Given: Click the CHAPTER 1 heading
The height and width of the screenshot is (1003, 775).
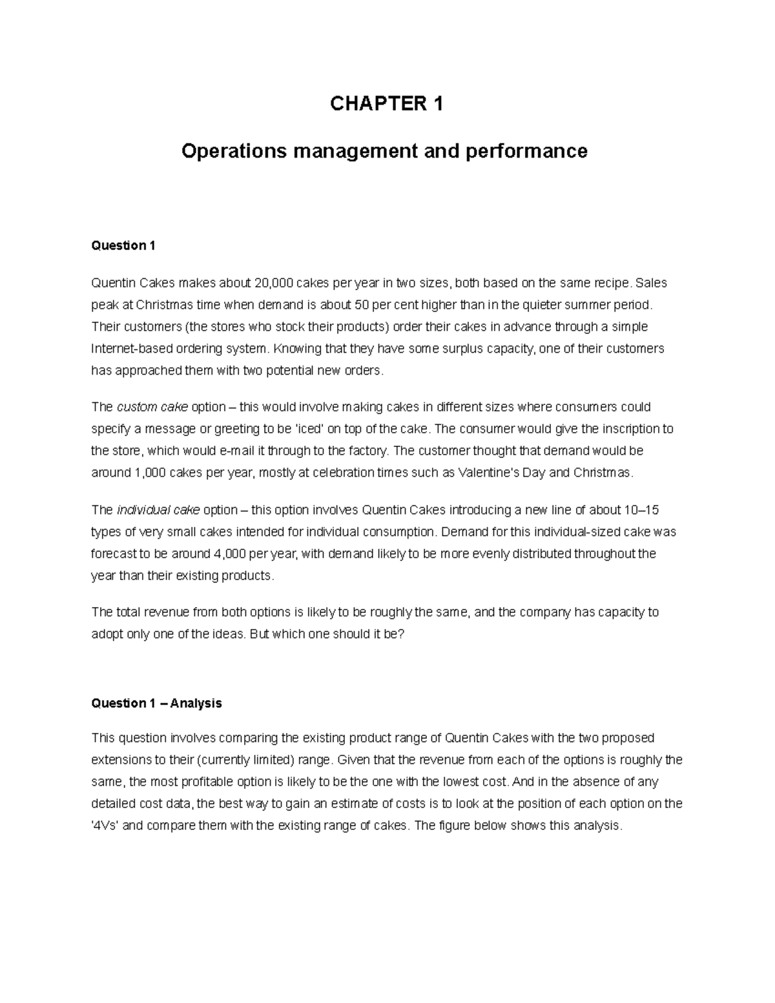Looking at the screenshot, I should pyautogui.click(x=387, y=104).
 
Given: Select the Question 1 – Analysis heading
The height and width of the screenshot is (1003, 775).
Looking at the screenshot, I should pyautogui.click(x=156, y=703).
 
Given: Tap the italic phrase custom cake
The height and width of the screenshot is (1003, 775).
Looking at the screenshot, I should pyautogui.click(x=152, y=407).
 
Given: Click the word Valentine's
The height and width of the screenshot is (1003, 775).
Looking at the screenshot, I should pyautogui.click(x=492, y=473).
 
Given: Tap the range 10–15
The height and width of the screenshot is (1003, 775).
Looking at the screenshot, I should pyautogui.click(x=641, y=510).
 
